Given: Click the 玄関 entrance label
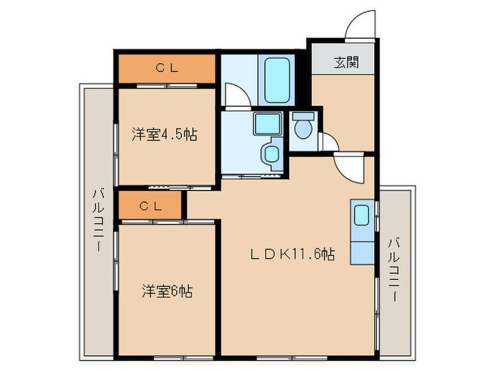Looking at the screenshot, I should click(x=345, y=62).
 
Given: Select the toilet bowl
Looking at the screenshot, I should click(x=304, y=129).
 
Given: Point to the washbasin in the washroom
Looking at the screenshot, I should click(x=270, y=153).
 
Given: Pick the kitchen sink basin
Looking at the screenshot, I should click(x=361, y=214).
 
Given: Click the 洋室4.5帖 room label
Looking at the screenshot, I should click(x=163, y=135).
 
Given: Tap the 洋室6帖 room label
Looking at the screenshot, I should click(x=166, y=290).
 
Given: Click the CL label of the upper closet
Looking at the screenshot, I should click(x=166, y=68).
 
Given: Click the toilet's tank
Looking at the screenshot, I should click(x=304, y=117).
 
